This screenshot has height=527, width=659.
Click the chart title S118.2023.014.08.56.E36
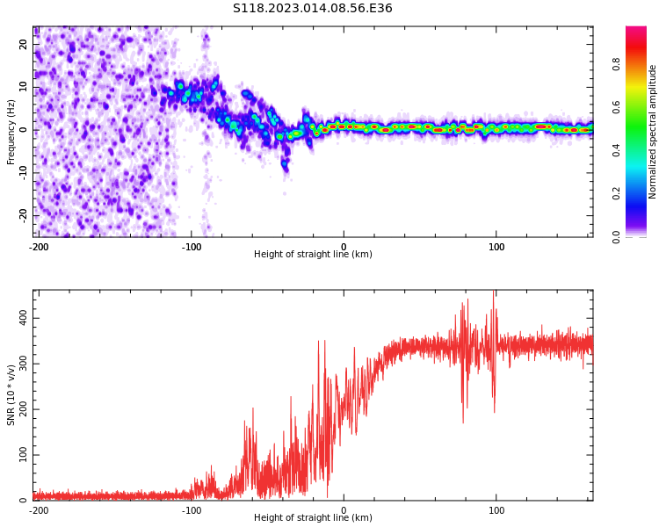pyautogui.click(x=312, y=9)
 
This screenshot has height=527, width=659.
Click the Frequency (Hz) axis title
pyautogui.click(x=11, y=132)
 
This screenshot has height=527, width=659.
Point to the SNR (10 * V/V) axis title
pyautogui.click(x=11, y=395)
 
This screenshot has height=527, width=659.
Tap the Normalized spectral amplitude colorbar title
pyautogui.click(x=653, y=132)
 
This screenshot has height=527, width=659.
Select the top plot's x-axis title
pyautogui.click(x=313, y=254)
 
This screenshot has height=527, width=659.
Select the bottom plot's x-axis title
pyautogui.click(x=313, y=517)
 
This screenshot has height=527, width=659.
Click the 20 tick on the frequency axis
pyautogui.click(x=23, y=44)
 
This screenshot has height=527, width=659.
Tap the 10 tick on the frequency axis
pyautogui.click(x=23, y=87)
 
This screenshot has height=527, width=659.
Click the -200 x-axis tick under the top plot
pyautogui.click(x=39, y=247)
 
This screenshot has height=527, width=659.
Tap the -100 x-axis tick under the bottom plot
pyautogui.click(x=192, y=510)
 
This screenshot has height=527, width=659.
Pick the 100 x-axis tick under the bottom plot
pyautogui.click(x=496, y=510)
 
